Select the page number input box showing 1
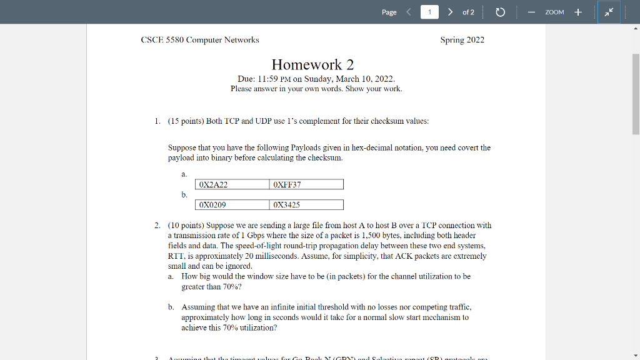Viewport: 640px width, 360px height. (x=429, y=12)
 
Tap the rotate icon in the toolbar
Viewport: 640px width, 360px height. (x=500, y=12)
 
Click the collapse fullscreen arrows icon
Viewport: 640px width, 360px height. (x=609, y=12)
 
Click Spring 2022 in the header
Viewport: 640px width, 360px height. (x=462, y=40)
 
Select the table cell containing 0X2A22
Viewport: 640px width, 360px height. (x=232, y=184)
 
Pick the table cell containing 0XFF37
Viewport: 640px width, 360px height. (x=306, y=184)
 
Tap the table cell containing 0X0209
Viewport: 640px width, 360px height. (x=232, y=204)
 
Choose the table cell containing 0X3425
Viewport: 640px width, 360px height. (x=306, y=204)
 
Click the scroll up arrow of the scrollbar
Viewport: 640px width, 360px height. (x=636, y=29)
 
